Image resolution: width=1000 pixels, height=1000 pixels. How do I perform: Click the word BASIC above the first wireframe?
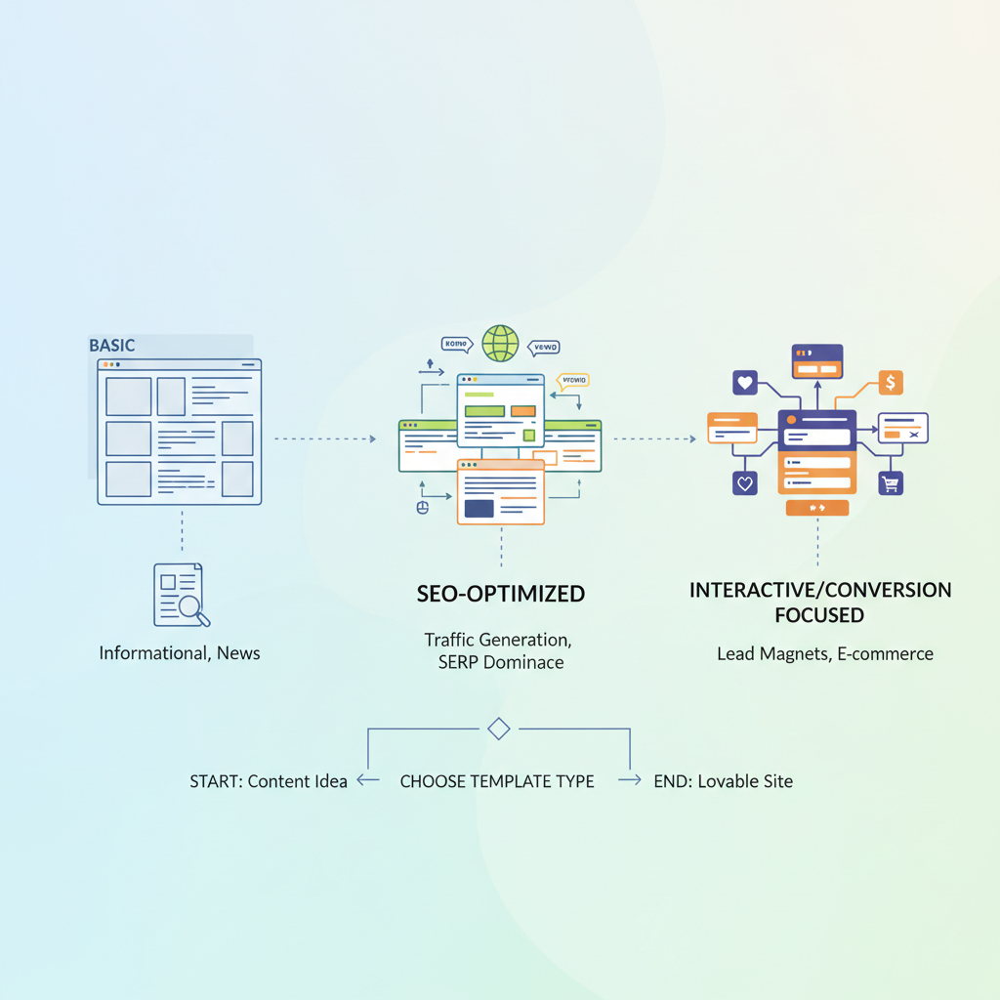[111, 346]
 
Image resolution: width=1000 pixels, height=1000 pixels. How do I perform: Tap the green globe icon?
[500, 344]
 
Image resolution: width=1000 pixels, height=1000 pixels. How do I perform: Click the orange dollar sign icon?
[890, 383]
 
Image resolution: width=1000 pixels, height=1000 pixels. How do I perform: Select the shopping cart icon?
[890, 482]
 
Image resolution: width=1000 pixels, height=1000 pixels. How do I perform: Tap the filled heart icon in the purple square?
[745, 383]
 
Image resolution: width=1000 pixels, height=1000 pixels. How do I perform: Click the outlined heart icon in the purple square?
[745, 482]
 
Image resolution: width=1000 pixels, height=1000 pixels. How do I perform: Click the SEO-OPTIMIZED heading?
[501, 593]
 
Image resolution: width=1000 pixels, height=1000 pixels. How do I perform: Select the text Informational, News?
[180, 652]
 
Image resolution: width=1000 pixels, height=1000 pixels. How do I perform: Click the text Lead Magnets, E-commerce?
[825, 653]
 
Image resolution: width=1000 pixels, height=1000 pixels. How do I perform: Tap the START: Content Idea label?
[269, 781]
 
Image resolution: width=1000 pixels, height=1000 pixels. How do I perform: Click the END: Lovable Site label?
[724, 781]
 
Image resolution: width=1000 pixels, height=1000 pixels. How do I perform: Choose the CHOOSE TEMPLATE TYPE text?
[497, 781]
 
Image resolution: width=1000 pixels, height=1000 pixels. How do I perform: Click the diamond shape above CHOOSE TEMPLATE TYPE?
[499, 729]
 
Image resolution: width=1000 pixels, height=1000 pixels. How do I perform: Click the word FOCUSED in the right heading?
[818, 615]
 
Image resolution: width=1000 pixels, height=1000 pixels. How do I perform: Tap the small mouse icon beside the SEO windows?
[423, 507]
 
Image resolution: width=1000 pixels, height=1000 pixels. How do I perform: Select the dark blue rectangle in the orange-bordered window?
[479, 508]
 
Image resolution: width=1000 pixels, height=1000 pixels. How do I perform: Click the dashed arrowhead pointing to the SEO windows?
[372, 439]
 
